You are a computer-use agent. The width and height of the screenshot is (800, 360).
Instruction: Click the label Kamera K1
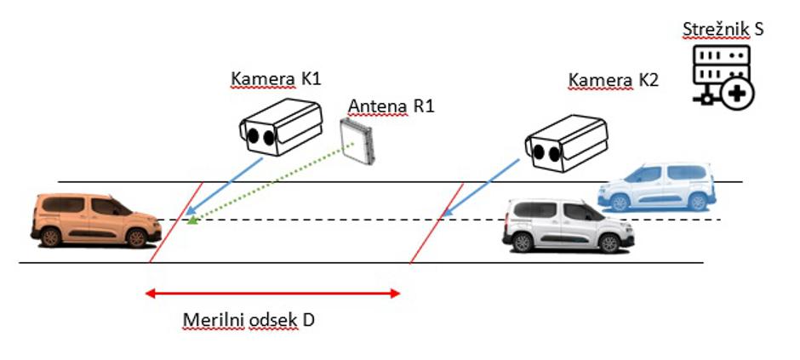(x=276, y=80)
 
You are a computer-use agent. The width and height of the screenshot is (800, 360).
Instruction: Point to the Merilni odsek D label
(x=249, y=320)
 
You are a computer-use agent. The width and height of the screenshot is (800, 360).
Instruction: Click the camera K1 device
(x=279, y=126)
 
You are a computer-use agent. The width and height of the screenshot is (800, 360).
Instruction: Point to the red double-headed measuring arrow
(x=272, y=294)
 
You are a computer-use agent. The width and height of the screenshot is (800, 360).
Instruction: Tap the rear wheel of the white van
(x=610, y=243)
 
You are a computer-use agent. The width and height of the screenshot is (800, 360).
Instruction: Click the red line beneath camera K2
(x=437, y=223)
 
